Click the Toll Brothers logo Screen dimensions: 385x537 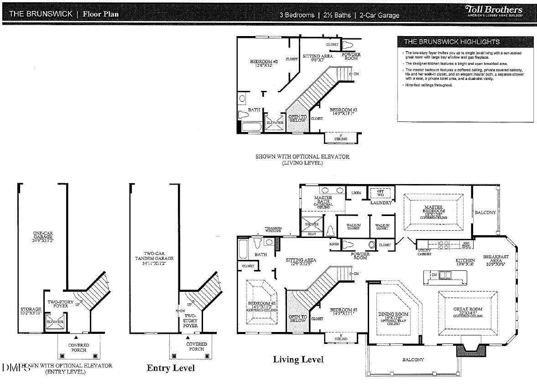coord(494,11)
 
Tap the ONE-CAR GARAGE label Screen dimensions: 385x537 coord(43,237)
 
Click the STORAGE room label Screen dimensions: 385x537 coord(31,311)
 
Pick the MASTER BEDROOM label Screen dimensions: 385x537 coord(434,211)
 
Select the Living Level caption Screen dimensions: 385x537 coord(298,359)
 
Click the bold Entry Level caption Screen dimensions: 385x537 coord(171,368)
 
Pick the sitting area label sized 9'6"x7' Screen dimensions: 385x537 coord(314,58)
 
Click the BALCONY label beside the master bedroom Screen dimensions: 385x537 coord(485,212)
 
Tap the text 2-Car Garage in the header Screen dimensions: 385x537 coord(379,15)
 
